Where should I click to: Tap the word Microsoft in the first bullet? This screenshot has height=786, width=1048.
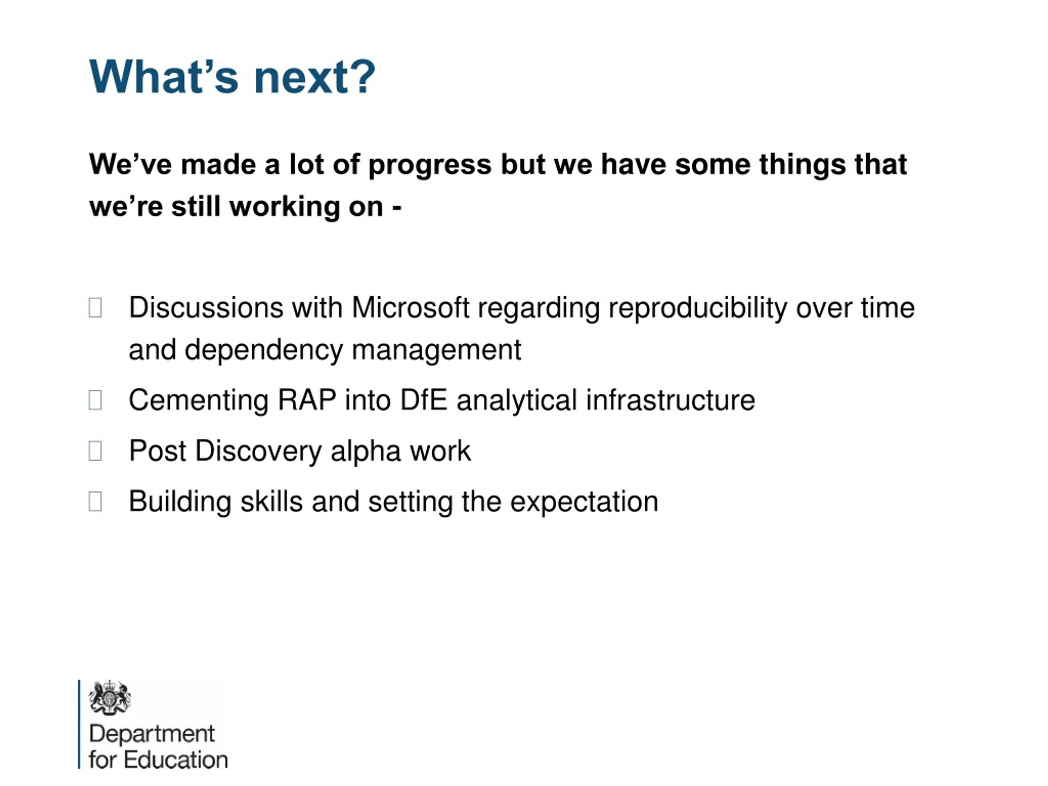(x=410, y=307)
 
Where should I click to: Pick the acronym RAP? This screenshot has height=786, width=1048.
(x=307, y=400)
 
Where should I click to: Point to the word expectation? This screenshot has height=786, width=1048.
(x=584, y=502)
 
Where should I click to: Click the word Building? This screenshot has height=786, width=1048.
(x=180, y=502)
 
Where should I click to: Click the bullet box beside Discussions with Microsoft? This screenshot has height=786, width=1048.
(x=95, y=307)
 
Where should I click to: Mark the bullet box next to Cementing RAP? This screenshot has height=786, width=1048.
(x=95, y=400)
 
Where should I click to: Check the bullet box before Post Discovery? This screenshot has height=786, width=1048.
(x=95, y=451)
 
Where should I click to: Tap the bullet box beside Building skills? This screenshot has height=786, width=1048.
(x=95, y=501)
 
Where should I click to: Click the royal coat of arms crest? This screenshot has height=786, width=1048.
(x=110, y=698)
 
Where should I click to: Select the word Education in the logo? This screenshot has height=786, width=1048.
(x=176, y=760)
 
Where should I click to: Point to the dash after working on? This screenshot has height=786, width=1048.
(x=397, y=208)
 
